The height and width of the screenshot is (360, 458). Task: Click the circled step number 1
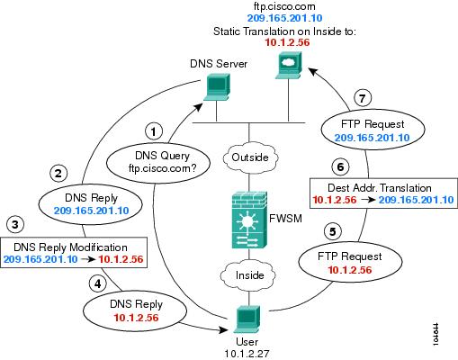pyautogui.click(x=154, y=131)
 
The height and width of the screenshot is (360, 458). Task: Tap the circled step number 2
pyautogui.click(x=58, y=173)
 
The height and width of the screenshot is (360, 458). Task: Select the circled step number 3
pyautogui.click(x=15, y=224)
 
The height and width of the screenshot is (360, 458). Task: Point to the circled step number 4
pyautogui.click(x=98, y=283)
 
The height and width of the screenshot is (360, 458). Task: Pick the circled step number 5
pyautogui.click(x=333, y=231)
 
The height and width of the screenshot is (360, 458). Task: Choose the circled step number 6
pyautogui.click(x=340, y=166)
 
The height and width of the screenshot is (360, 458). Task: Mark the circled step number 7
pyautogui.click(x=363, y=98)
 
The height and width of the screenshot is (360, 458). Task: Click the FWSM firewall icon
pyautogui.click(x=249, y=220)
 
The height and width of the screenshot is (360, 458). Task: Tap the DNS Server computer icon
pyautogui.click(x=217, y=87)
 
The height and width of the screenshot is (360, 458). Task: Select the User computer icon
pyautogui.click(x=247, y=319)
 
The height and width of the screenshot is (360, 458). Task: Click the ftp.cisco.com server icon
pyautogui.click(x=289, y=66)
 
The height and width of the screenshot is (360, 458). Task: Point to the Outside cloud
pyautogui.click(x=249, y=157)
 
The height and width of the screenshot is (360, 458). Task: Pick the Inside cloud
pyautogui.click(x=248, y=274)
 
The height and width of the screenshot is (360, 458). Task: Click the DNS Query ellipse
pyautogui.click(x=158, y=162)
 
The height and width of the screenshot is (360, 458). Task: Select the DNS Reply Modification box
pyautogui.click(x=74, y=252)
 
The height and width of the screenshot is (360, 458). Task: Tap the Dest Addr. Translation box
pyautogui.click(x=383, y=193)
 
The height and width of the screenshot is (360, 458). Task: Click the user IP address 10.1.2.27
pyautogui.click(x=247, y=354)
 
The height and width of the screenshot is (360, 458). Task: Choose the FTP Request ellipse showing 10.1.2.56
pyautogui.click(x=350, y=263)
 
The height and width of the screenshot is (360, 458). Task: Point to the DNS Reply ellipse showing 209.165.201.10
pyautogui.click(x=91, y=204)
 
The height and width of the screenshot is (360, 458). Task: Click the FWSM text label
pyautogui.click(x=285, y=219)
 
